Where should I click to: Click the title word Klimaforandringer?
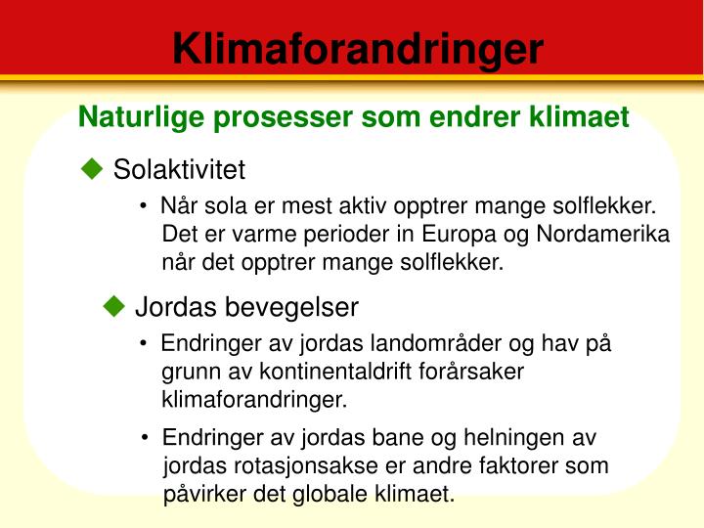point(358,50)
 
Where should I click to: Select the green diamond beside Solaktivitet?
point(92,169)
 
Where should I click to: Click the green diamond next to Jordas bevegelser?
point(114,306)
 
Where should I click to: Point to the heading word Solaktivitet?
point(179,169)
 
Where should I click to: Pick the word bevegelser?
point(291,307)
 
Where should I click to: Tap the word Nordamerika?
point(603,234)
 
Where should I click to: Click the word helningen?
point(513,438)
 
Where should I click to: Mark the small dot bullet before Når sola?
point(143,206)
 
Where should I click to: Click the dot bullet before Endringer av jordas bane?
point(145,437)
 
